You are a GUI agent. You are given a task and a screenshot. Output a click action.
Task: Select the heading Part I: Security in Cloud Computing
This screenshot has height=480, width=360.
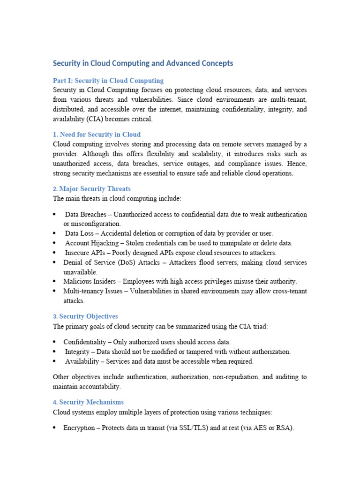tap(108, 81)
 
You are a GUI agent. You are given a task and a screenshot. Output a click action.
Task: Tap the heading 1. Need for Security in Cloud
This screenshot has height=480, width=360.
tap(97, 135)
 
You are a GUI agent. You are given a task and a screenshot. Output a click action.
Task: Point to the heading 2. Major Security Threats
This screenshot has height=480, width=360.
tap(92, 189)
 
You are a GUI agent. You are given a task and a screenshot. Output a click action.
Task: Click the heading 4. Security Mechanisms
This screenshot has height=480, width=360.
tap(89, 402)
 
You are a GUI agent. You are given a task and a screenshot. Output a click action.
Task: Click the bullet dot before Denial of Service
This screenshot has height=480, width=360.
tap(55, 262)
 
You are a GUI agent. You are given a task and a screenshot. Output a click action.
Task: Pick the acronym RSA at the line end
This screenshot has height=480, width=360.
tap(284, 428)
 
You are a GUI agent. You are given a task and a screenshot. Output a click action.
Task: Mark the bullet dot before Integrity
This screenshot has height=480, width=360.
tap(55, 352)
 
